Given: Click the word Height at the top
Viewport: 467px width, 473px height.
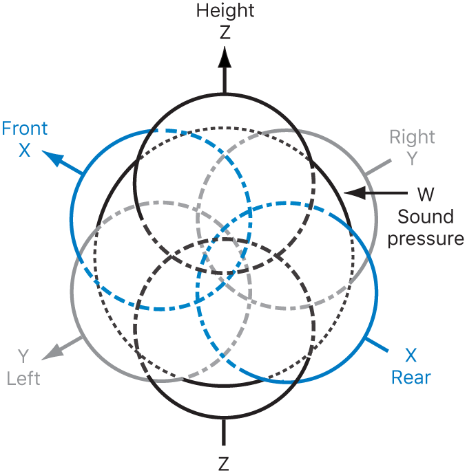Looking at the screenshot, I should pyautogui.click(x=225, y=10).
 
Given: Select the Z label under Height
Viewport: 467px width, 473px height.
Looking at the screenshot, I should pyautogui.click(x=225, y=31).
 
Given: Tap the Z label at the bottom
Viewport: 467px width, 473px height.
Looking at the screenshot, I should pyautogui.click(x=224, y=463).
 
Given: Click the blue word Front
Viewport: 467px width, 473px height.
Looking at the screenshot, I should pyautogui.click(x=25, y=129).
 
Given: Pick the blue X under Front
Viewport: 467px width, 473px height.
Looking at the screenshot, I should pyautogui.click(x=25, y=149).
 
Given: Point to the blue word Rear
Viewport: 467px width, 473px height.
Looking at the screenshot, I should pyautogui.click(x=411, y=377).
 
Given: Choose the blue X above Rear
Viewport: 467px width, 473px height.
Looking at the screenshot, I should pyautogui.click(x=411, y=356).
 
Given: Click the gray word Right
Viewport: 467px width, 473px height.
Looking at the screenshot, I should pyautogui.click(x=413, y=136).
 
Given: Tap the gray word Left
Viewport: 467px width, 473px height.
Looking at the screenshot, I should pyautogui.click(x=24, y=377).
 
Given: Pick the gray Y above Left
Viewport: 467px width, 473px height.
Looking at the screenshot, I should pyautogui.click(x=24, y=356).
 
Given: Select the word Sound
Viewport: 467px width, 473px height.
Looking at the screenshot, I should pyautogui.click(x=426, y=217).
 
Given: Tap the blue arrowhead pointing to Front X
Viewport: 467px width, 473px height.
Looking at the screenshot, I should pyautogui.click(x=50, y=157).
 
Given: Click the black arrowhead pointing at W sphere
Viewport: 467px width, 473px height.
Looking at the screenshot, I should pyautogui.click(x=352, y=193).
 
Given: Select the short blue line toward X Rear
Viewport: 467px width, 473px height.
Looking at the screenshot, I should pyautogui.click(x=376, y=344).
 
